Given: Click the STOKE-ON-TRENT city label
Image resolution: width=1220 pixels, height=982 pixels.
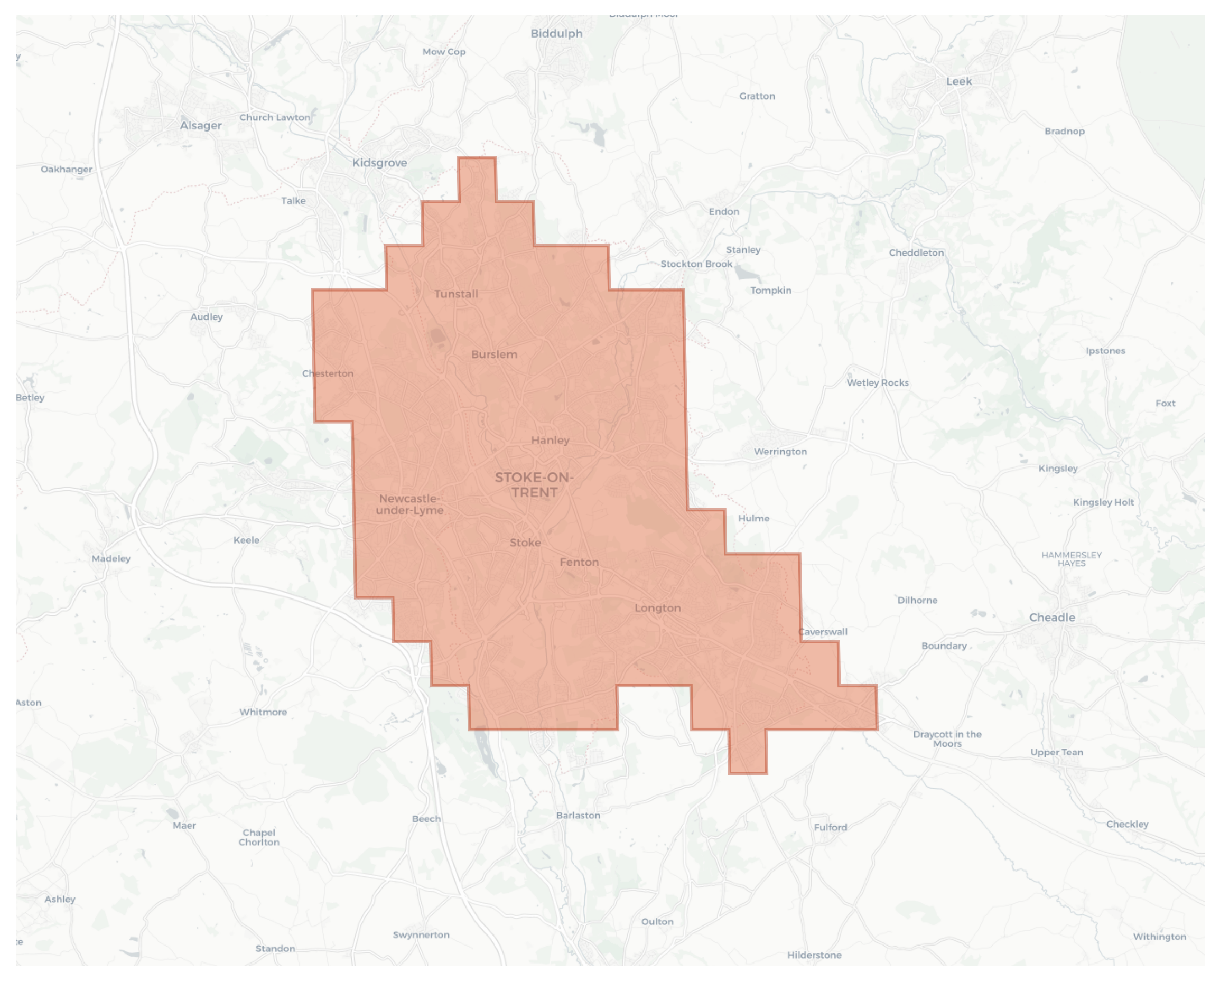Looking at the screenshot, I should [x=534, y=485].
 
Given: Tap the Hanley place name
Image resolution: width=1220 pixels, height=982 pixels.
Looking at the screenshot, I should [x=550, y=440].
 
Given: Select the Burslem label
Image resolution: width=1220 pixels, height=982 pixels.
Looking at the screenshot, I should [x=494, y=354].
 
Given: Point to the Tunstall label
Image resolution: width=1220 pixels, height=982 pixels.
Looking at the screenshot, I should [x=456, y=294].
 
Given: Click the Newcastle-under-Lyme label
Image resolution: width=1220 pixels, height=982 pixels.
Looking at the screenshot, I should [x=409, y=504].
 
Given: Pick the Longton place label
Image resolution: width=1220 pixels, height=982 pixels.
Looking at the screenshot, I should [x=657, y=608].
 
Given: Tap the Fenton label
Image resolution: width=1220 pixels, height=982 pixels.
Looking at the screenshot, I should [x=579, y=562].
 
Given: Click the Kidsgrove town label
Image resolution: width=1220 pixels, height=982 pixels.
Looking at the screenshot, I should [x=379, y=163].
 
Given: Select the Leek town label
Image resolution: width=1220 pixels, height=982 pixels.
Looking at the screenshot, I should [x=959, y=81].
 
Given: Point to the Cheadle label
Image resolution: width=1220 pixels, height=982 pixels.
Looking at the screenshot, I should [x=1051, y=617].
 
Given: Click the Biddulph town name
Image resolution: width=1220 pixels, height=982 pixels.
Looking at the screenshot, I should [x=556, y=33].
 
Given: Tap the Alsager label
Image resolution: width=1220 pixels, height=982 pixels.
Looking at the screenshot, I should [x=201, y=126].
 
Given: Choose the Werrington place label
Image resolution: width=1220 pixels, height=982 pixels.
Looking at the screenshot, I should [x=780, y=452].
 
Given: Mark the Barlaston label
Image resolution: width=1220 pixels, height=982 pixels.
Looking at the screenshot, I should [x=578, y=815].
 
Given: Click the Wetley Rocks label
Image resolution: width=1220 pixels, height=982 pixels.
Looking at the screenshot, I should [x=877, y=383].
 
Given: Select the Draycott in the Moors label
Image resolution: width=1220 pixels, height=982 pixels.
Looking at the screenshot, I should [x=947, y=739].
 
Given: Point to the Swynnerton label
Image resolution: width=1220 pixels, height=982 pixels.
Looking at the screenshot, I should [x=421, y=934].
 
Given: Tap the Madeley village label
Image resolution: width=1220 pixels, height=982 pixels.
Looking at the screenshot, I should [x=111, y=559].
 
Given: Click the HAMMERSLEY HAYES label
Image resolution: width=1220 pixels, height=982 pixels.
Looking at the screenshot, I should [x=1071, y=559].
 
